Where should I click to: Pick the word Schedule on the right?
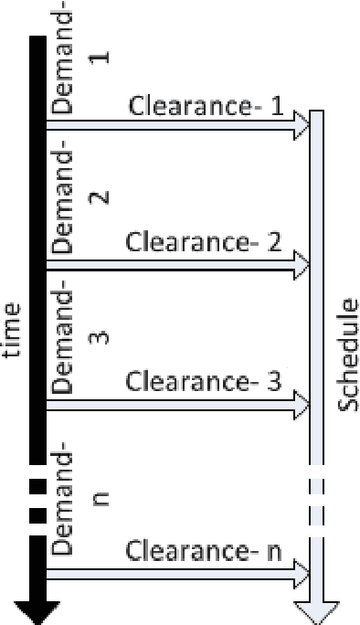pos(349,363)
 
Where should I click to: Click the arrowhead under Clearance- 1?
pos(302,127)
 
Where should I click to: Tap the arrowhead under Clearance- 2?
pos(302,267)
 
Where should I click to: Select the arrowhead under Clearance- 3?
pos(302,404)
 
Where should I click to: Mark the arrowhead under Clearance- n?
pos(302,574)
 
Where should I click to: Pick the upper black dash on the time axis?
pos(37,485)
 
